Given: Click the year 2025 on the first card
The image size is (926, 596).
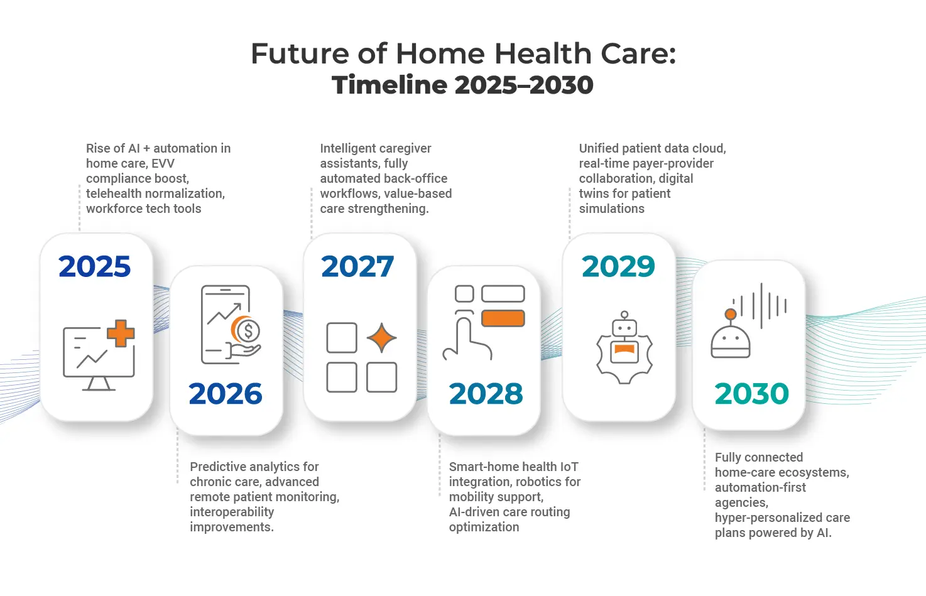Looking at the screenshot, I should tap(95, 267).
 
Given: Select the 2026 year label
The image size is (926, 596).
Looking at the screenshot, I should tap(226, 394).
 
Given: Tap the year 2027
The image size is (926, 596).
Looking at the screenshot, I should tap(357, 267).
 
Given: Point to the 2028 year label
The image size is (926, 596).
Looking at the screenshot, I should tap(486, 394).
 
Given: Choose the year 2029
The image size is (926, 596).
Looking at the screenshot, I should tap(618, 267).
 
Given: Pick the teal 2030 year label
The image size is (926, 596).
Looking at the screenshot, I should tap(751, 394).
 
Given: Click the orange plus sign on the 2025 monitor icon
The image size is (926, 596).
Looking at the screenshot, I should tap(121, 333).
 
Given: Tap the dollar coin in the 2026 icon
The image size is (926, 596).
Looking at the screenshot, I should tap(249, 330).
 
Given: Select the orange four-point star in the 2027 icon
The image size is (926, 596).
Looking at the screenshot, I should tap(381, 339).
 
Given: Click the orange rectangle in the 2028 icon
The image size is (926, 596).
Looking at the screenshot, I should tap(503, 318).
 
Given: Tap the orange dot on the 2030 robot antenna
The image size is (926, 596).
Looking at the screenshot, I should tap(730, 314).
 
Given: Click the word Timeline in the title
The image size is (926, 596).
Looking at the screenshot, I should tap(390, 85).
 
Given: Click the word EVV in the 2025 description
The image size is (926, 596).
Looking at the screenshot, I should tap(163, 163).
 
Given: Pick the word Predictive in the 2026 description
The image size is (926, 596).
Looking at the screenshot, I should tap(218, 467).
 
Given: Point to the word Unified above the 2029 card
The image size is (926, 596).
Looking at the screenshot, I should tap(599, 148).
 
